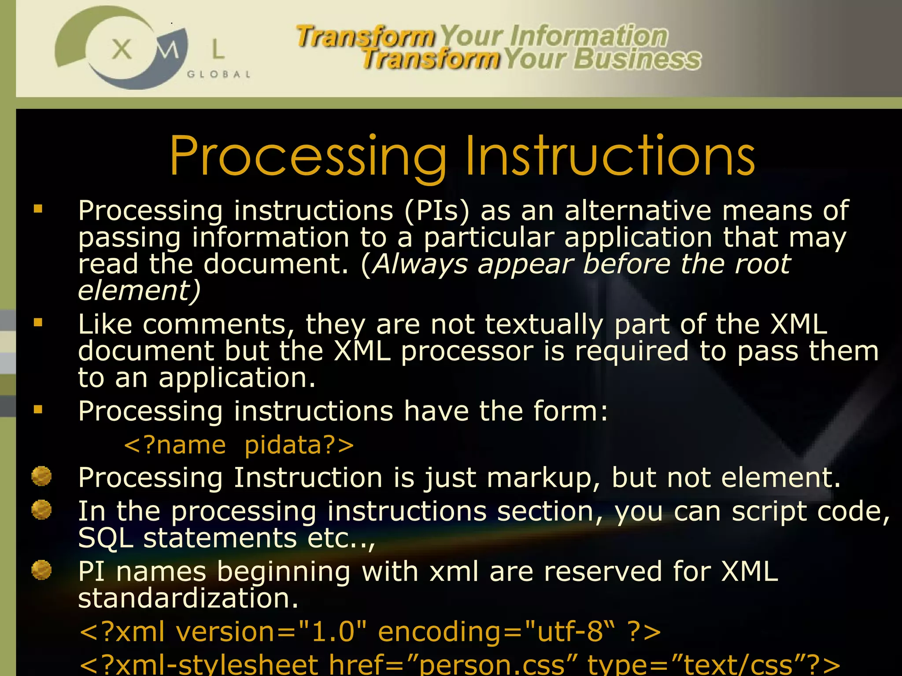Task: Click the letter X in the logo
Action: coord(122,49)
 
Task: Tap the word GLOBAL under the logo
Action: coord(219,74)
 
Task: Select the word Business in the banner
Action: coord(637,59)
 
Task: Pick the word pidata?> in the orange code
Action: coord(299,445)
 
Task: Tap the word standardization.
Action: coord(189,599)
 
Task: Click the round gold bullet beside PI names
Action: coord(41,571)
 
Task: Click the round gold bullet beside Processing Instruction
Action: coord(41,476)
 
